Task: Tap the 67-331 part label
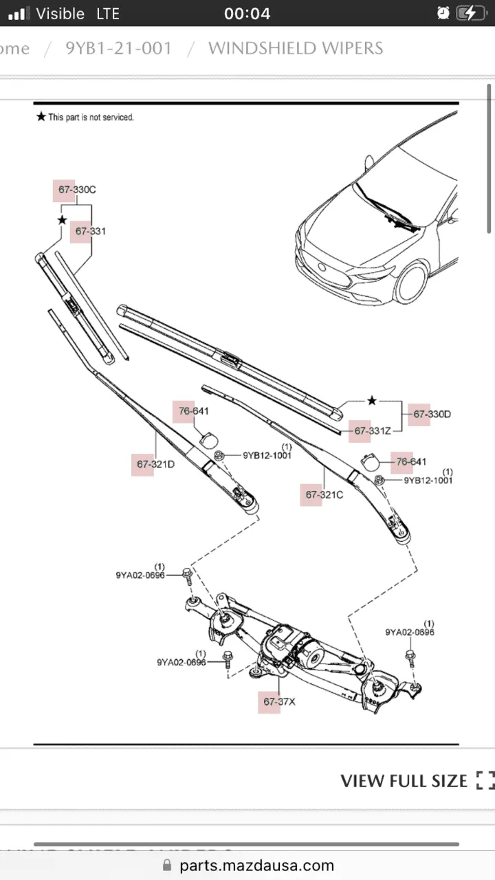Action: [x=90, y=232]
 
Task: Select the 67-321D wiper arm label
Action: [x=155, y=465]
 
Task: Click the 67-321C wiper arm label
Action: [x=324, y=495]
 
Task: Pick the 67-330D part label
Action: [x=432, y=414]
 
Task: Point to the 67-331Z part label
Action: [x=372, y=431]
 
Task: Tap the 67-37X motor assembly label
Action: [x=279, y=702]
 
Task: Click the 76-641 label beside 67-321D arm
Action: [x=193, y=412]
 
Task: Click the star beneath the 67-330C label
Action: [x=62, y=220]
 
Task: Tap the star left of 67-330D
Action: [x=372, y=400]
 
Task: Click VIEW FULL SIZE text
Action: [x=404, y=781]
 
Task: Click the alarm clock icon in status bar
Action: [x=443, y=13]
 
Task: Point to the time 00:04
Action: [x=247, y=13]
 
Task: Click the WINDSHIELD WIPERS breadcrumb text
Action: [x=296, y=49]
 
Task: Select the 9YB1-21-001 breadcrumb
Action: [x=118, y=49]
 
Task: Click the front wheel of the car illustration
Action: [x=410, y=283]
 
